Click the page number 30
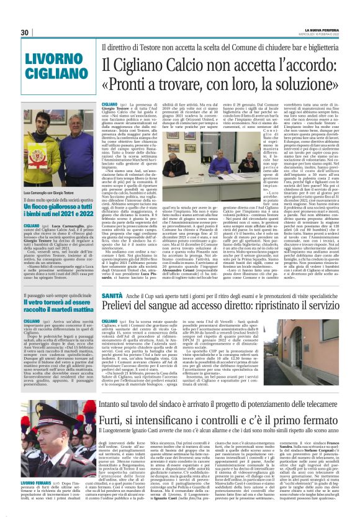click(x=25, y=33)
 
